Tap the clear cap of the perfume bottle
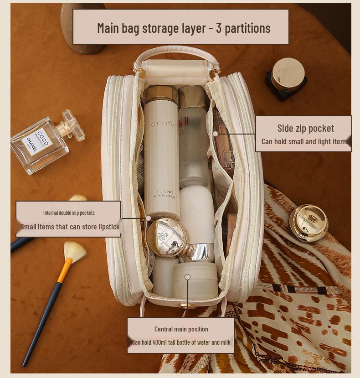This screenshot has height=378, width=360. (73, 124)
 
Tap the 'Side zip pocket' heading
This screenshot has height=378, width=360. (305, 128)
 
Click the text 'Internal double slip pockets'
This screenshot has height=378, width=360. (69, 212)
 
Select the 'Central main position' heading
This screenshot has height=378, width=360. (181, 329)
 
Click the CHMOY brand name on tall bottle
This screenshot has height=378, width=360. (162, 124)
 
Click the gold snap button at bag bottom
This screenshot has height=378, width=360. (185, 306)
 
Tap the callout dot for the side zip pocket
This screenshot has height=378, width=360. (215, 134)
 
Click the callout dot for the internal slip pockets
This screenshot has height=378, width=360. (148, 218)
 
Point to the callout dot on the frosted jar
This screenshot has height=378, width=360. (187, 277)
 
